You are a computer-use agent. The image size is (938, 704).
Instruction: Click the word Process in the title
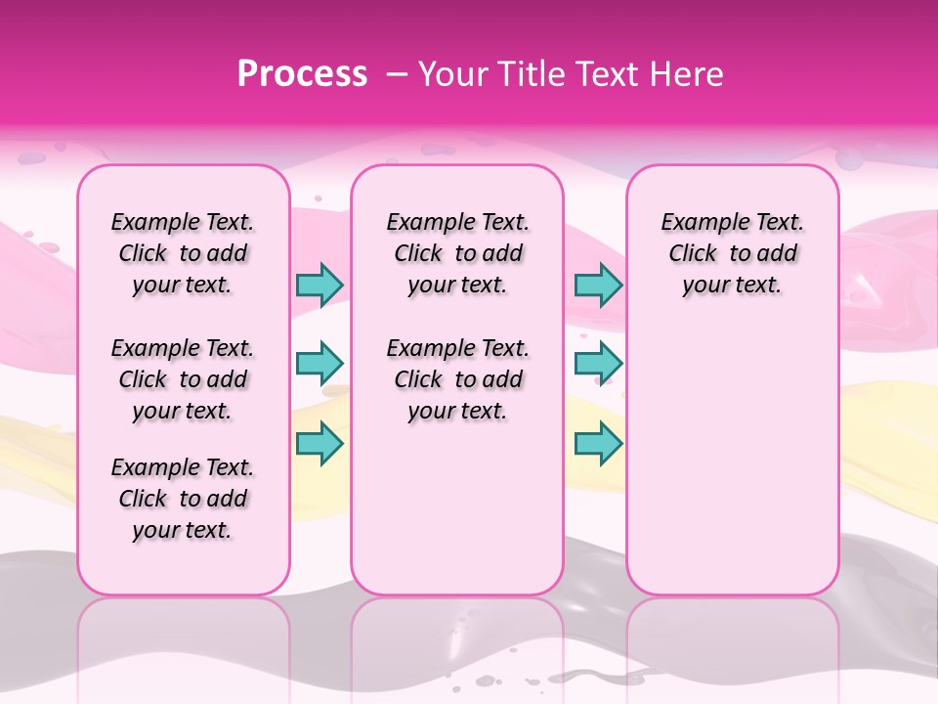click(303, 74)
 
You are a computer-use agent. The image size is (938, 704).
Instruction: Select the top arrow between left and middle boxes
click(320, 285)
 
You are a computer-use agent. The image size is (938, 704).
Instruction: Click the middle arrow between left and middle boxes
click(320, 364)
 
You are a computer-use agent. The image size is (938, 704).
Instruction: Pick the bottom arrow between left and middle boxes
click(320, 444)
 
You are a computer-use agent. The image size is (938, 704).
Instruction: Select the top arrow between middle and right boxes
click(598, 285)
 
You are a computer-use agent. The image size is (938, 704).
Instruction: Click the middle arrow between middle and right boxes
click(598, 364)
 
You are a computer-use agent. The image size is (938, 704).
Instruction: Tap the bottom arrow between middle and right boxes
click(598, 444)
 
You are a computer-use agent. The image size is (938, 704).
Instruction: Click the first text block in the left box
click(183, 253)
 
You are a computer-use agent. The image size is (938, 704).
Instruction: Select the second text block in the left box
click(183, 379)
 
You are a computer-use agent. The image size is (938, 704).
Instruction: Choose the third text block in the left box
click(183, 499)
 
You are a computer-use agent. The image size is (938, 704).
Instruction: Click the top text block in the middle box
click(457, 253)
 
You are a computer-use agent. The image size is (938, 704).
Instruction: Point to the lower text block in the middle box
click(457, 379)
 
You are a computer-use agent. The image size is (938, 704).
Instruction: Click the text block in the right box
click(732, 253)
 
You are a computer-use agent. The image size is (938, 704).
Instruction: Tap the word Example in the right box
click(702, 223)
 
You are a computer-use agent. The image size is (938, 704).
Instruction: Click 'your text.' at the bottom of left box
click(183, 531)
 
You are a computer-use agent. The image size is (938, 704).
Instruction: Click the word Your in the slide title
click(448, 74)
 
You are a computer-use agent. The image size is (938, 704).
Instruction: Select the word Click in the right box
click(693, 254)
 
